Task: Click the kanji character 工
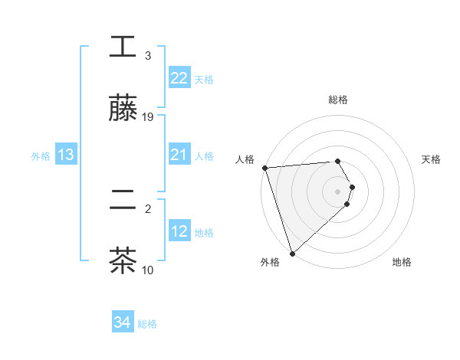(x=123, y=48)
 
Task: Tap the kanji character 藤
(x=123, y=110)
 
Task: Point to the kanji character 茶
(x=123, y=261)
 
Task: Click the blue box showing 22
(x=179, y=78)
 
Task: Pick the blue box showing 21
(x=179, y=155)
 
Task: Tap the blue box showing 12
(x=179, y=232)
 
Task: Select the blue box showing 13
(x=65, y=155)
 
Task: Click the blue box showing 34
(x=122, y=323)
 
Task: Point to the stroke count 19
(x=148, y=117)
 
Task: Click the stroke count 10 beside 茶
(x=148, y=270)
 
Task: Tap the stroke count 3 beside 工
(x=148, y=56)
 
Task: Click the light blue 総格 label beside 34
(x=147, y=324)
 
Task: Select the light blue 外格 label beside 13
(x=41, y=156)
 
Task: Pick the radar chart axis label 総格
(x=338, y=100)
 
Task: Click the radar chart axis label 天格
(x=432, y=159)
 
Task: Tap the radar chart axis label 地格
(x=402, y=263)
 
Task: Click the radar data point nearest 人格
(x=264, y=168)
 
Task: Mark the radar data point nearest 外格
(x=292, y=253)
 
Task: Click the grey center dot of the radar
(x=338, y=191)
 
